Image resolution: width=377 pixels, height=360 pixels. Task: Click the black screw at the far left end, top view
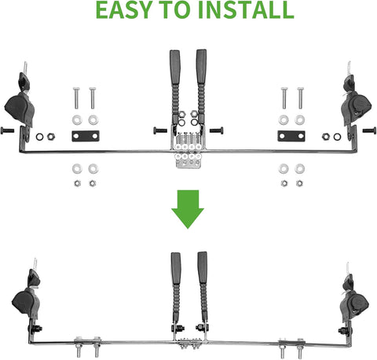(6, 129)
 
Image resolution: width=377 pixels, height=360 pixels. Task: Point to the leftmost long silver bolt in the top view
(77, 98)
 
